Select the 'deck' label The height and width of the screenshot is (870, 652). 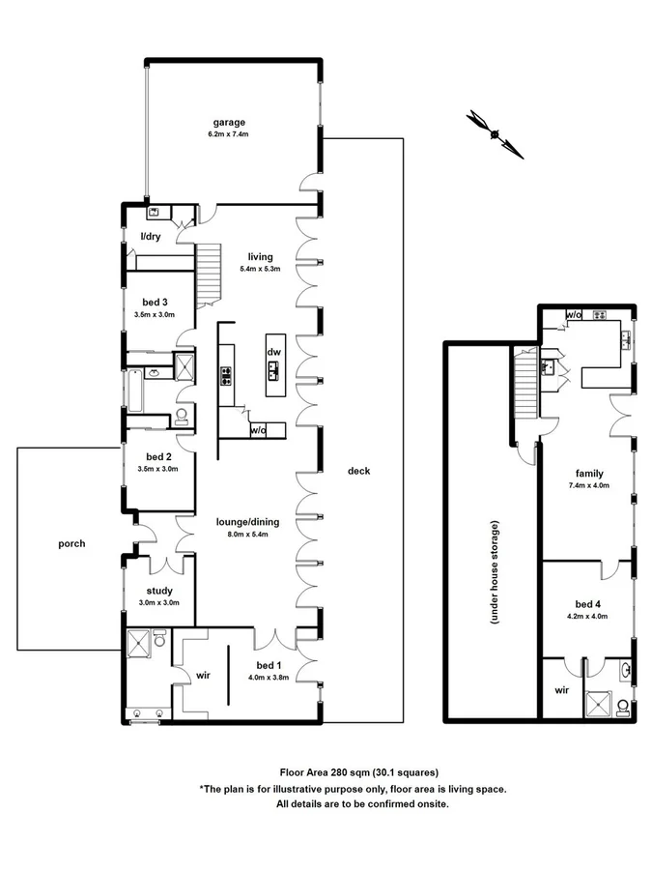coord(359,471)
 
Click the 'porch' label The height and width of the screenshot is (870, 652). coord(71,543)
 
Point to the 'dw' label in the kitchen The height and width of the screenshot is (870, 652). coord(273,353)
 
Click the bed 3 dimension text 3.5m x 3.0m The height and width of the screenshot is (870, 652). coord(156,315)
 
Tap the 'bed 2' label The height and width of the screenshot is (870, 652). coord(158,456)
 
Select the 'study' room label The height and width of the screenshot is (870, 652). coord(158,590)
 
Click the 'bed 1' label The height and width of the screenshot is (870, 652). coord(269,665)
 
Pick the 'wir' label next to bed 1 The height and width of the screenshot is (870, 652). coord(203,676)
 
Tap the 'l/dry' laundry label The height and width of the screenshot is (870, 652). coord(151,236)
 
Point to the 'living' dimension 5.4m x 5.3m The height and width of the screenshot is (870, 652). coord(260,269)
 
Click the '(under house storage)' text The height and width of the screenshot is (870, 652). coord(494,573)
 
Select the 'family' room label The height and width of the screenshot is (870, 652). coord(589,474)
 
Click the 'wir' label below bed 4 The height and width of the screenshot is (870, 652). coord(562,690)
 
